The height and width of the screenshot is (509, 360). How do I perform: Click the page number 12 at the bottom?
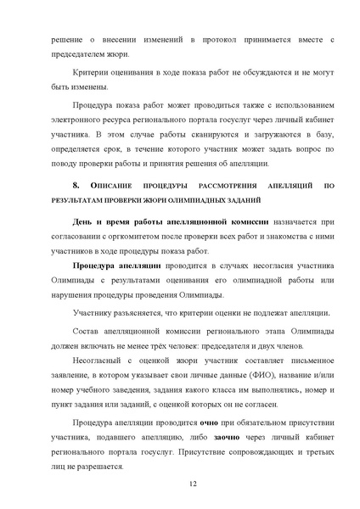point(180,483)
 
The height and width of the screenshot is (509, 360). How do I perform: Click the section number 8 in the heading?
point(76,185)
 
